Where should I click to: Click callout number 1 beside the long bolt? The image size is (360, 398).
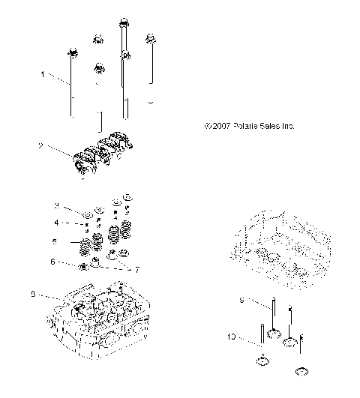[43, 75]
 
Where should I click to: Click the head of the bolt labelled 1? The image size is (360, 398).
[73, 53]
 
